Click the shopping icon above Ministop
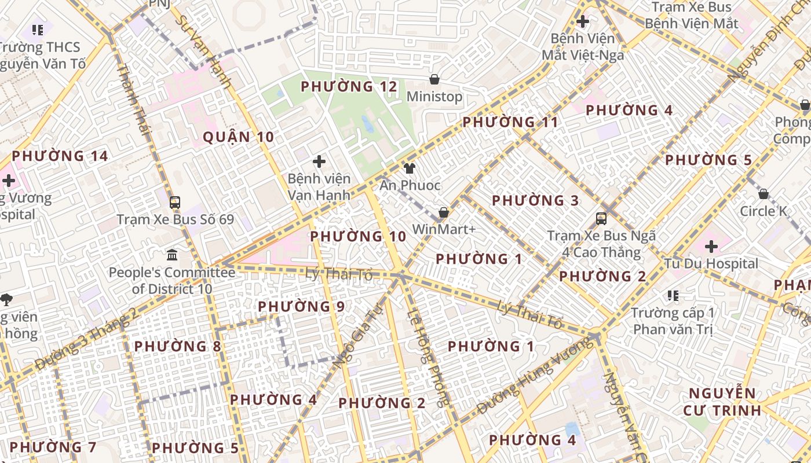tap(434, 79)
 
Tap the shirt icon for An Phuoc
tap(410, 168)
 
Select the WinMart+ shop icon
tap(444, 212)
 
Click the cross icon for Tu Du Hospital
tap(711, 247)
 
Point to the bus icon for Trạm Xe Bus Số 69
tap(175, 203)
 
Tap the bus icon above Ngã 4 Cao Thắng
tap(601, 219)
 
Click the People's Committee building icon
tap(172, 255)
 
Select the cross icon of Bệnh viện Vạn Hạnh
tap(319, 161)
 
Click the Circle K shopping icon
tap(763, 194)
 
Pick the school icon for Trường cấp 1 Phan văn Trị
tap(673, 296)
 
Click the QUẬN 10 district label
tap(238, 137)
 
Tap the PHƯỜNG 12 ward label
tap(349, 87)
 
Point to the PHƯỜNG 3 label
tap(535, 201)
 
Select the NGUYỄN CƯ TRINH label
tap(722, 402)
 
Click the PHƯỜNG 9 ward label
tap(301, 307)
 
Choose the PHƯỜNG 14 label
tap(60, 156)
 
